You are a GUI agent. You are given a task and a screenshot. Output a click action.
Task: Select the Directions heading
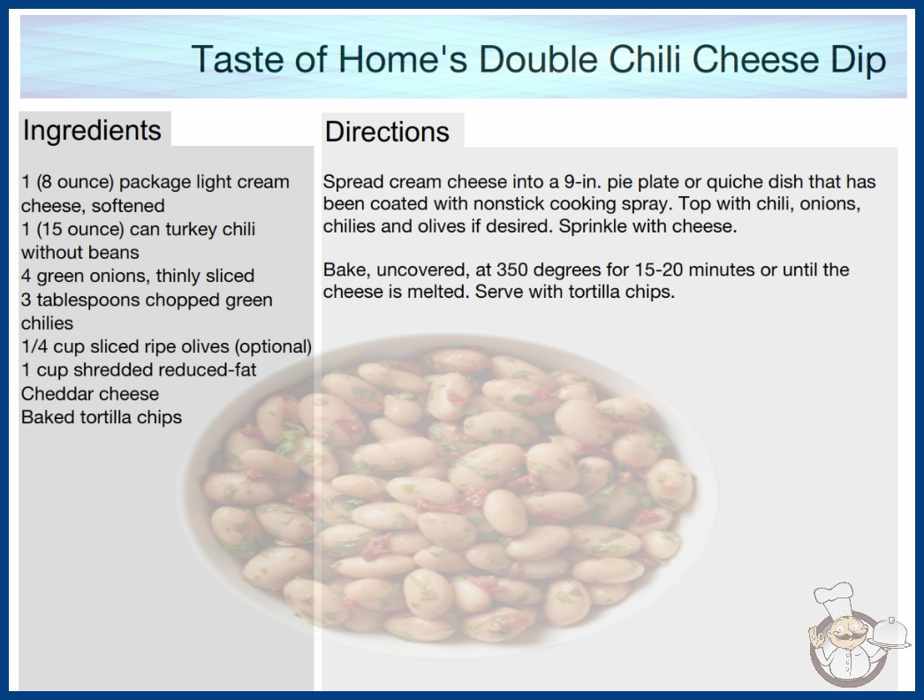[x=387, y=132]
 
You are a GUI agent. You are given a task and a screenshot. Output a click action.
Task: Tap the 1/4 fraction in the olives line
[x=34, y=346]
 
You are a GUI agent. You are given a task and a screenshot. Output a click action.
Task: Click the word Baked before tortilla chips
[x=49, y=417]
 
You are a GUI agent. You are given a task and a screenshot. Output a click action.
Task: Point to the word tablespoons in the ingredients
[x=88, y=300]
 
